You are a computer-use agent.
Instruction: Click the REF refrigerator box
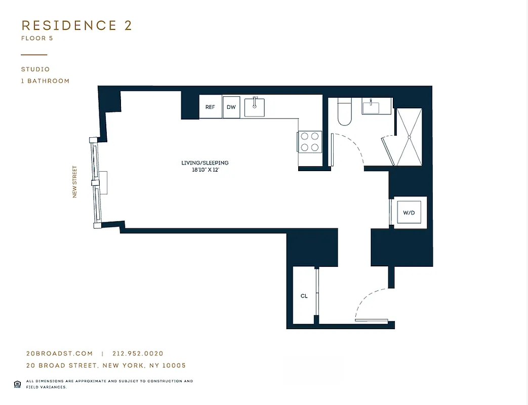tap(210, 107)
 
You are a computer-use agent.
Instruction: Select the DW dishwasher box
tap(231, 107)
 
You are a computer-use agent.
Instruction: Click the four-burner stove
tap(309, 141)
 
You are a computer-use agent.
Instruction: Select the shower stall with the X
tap(408, 136)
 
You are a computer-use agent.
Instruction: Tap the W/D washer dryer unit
tap(409, 213)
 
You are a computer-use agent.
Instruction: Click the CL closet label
tap(304, 296)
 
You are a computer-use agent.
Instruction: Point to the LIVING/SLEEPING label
tap(205, 163)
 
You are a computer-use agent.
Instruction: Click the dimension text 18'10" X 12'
tap(205, 170)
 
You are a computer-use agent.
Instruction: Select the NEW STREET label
tap(75, 182)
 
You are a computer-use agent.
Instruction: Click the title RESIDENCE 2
tap(76, 26)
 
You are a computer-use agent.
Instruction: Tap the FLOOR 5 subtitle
tap(37, 38)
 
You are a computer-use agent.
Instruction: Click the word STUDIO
tap(35, 69)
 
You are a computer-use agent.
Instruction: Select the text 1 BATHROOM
tap(45, 81)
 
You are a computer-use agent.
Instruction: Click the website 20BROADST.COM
tap(59, 354)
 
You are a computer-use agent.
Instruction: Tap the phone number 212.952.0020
tap(138, 354)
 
